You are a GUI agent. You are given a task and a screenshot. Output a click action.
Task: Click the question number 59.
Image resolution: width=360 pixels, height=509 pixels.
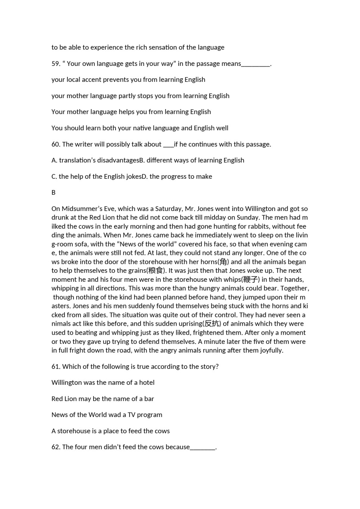(56, 64)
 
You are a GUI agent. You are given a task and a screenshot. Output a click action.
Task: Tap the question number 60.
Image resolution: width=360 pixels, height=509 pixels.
(56, 144)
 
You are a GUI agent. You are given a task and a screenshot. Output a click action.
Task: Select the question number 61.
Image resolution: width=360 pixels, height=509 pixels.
(56, 367)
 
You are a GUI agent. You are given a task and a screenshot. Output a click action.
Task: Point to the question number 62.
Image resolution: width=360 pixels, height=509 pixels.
(56, 447)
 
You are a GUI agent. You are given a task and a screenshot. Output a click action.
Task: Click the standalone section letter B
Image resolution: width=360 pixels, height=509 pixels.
(53, 192)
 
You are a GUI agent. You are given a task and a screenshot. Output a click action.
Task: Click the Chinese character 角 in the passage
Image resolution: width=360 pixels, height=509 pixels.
(223, 262)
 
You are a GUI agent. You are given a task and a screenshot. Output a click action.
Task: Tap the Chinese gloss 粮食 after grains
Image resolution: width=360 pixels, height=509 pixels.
(156, 270)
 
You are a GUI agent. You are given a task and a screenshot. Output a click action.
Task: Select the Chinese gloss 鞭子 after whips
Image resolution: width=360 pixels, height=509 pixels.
(250, 279)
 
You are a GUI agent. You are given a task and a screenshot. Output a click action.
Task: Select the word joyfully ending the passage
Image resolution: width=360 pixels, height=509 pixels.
(271, 350)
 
